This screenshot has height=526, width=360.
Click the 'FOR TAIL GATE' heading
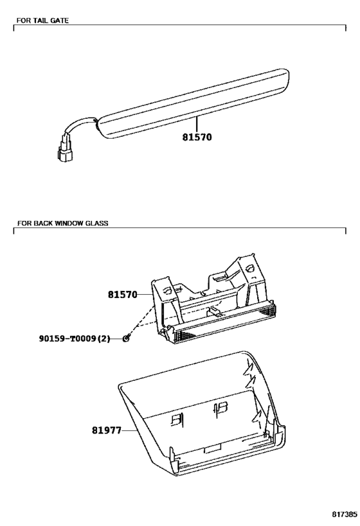(42, 21)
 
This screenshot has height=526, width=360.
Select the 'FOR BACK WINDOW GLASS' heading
(62, 223)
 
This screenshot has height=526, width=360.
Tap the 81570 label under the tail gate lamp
(197, 137)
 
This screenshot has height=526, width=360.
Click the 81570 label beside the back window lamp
(123, 295)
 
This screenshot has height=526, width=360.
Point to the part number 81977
(107, 430)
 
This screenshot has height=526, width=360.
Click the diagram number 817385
(345, 514)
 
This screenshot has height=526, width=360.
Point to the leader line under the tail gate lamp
(197, 124)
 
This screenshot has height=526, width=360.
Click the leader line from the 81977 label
(130, 430)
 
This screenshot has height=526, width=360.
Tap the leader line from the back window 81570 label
(145, 295)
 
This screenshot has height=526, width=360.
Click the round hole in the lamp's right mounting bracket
(250, 268)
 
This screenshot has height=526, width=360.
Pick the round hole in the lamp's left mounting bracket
(167, 290)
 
